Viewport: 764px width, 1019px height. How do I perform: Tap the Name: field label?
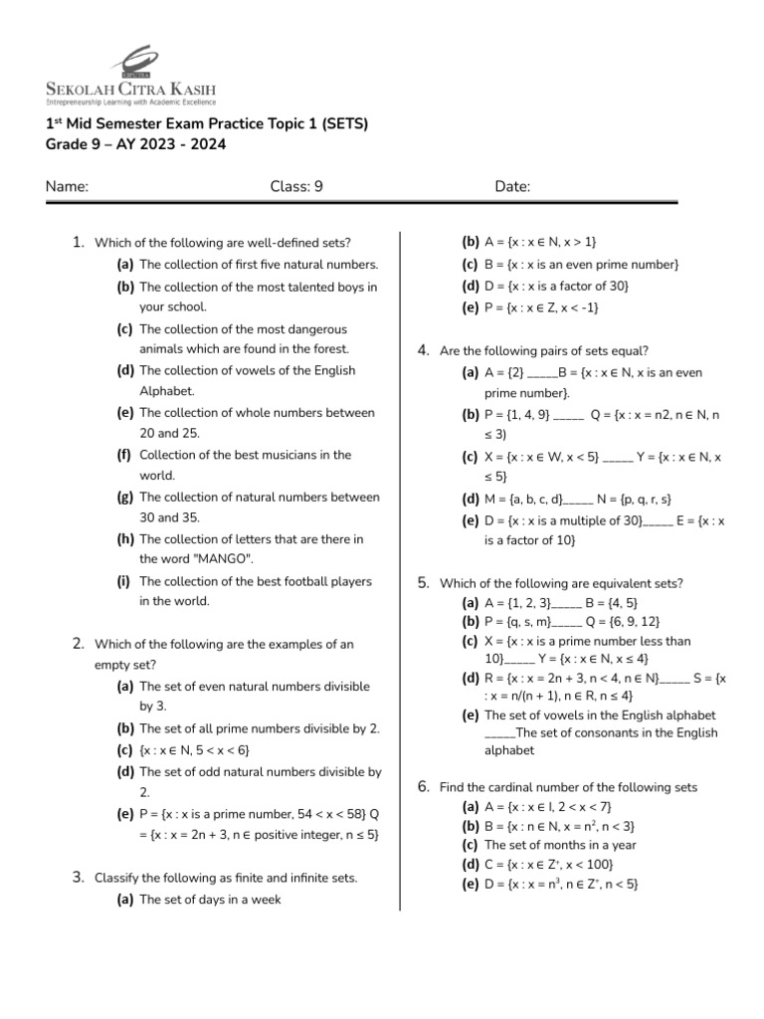click(68, 186)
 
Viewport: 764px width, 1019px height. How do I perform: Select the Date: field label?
click(512, 186)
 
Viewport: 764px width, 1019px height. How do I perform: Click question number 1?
click(78, 242)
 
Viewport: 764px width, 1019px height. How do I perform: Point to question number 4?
click(423, 350)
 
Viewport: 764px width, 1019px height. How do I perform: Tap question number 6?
click(423, 787)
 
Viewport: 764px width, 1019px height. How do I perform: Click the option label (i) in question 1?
click(124, 581)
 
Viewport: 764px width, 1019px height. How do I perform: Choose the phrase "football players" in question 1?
click(320, 581)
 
